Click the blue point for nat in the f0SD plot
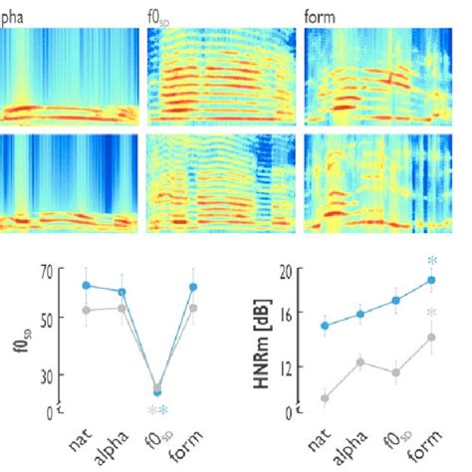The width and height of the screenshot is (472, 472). (x=87, y=285)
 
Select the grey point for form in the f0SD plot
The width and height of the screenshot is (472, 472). (x=193, y=308)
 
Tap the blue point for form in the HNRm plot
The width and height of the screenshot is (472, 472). (x=432, y=280)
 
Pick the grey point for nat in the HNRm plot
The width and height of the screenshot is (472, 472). (x=325, y=398)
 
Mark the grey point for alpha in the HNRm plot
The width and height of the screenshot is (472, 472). (x=360, y=362)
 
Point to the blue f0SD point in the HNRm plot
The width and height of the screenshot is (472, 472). (x=396, y=300)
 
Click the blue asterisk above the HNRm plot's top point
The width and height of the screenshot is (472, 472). (x=432, y=262)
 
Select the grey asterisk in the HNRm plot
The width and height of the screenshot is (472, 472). (x=432, y=315)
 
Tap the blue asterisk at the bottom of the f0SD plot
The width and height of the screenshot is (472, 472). (x=164, y=411)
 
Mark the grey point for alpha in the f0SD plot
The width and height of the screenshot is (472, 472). (x=122, y=308)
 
